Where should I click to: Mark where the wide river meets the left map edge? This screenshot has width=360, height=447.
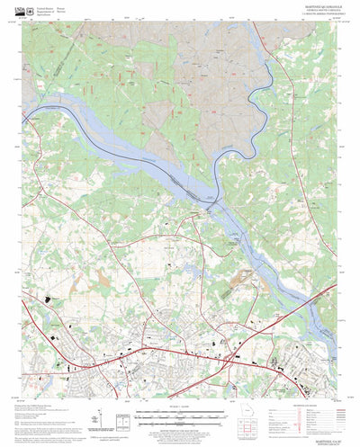point(25,113)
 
